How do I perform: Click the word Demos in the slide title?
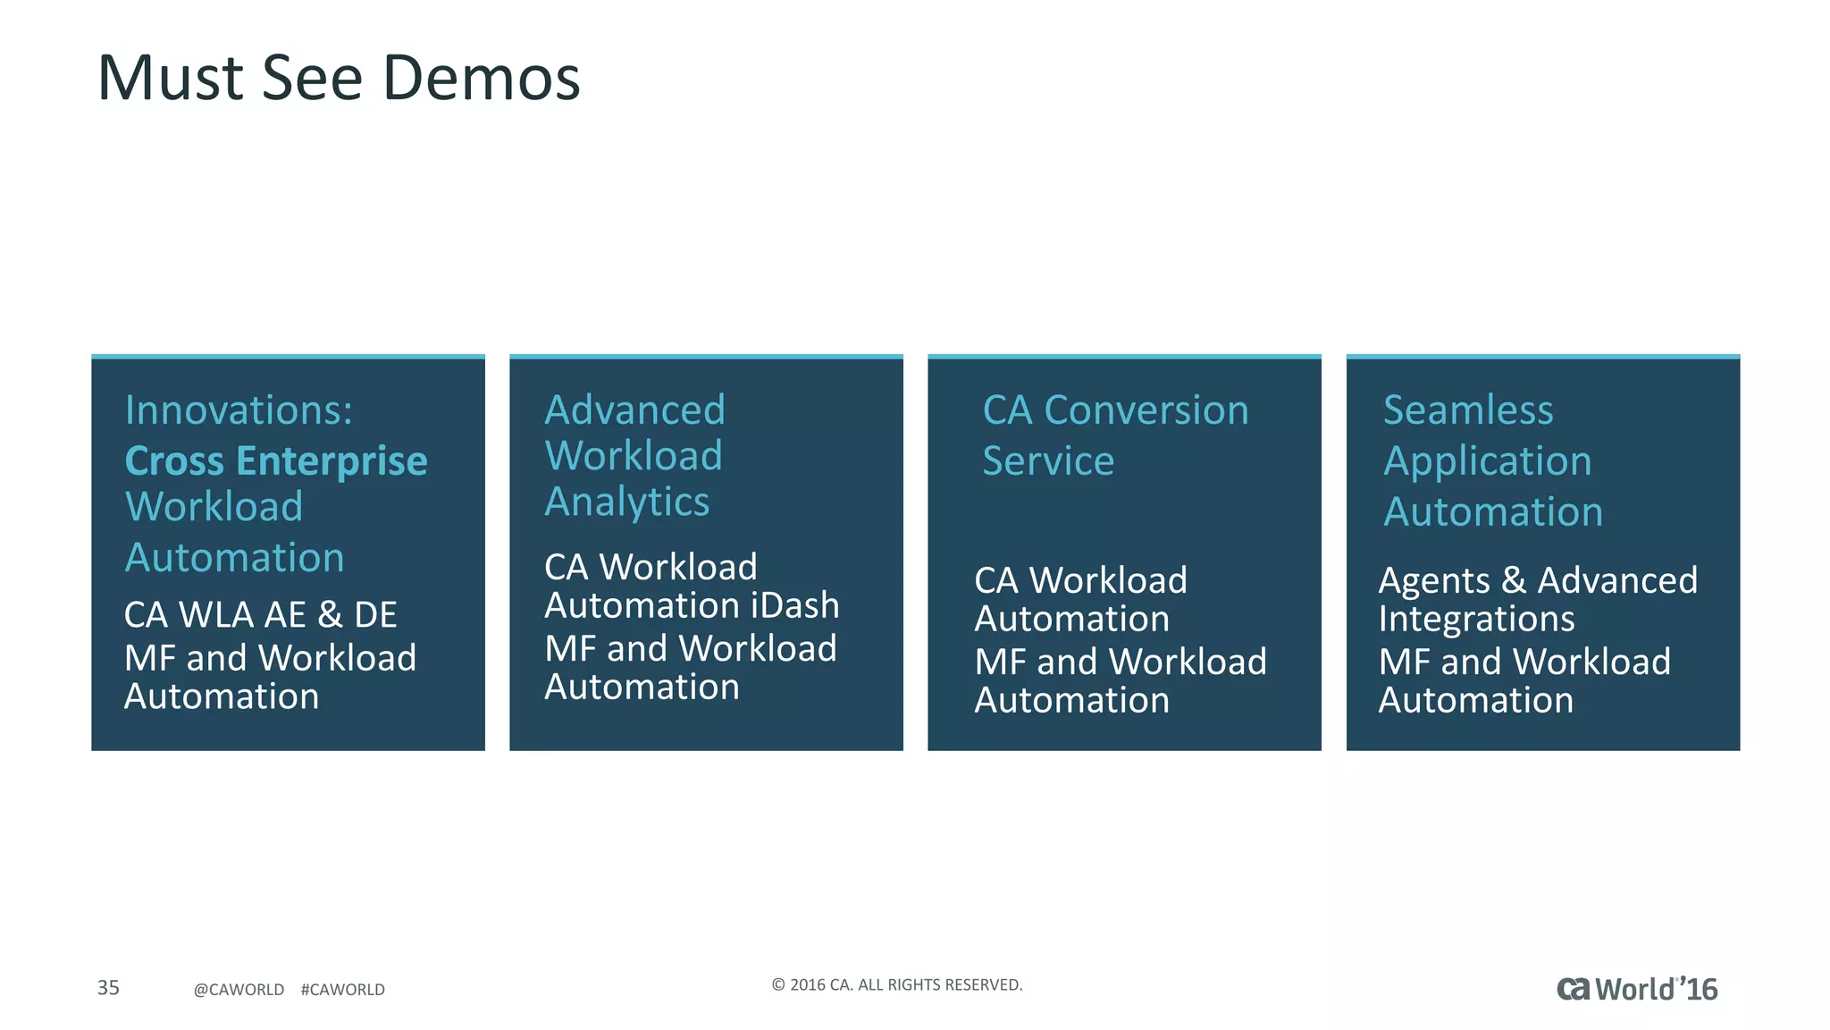click(x=482, y=79)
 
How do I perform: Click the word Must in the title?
click(x=170, y=79)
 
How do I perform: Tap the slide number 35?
click(x=108, y=987)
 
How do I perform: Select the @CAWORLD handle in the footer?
click(x=239, y=990)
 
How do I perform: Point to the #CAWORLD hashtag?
click(x=343, y=990)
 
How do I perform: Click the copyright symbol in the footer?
click(x=778, y=985)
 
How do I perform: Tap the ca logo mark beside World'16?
click(x=1574, y=989)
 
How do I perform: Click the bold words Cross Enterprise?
click(x=276, y=461)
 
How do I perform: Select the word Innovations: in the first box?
click(x=239, y=410)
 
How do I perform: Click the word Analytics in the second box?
click(x=627, y=502)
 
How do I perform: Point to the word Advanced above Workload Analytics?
click(x=635, y=410)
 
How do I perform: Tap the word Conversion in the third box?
click(x=1146, y=410)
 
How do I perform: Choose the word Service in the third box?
click(x=1048, y=461)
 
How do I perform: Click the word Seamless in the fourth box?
click(x=1468, y=410)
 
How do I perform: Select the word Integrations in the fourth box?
click(x=1476, y=619)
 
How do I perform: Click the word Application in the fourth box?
click(x=1488, y=461)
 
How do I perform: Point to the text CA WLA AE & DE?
click(x=260, y=615)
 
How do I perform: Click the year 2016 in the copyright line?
click(x=808, y=985)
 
